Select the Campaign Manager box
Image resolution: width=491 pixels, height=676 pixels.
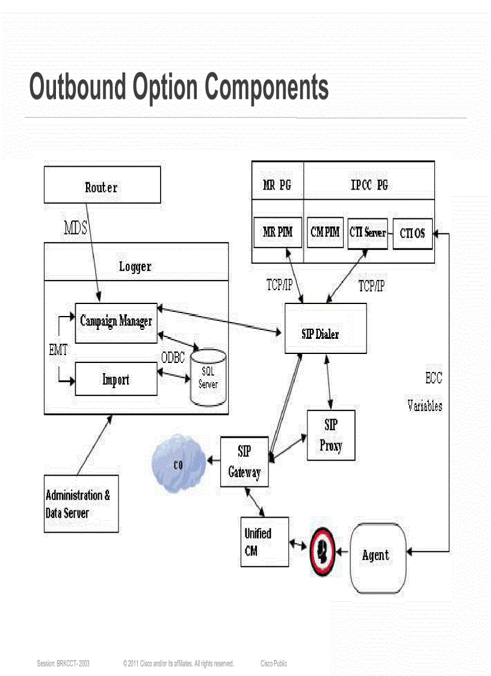[x=116, y=323]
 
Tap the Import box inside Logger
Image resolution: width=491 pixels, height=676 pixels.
[x=116, y=380]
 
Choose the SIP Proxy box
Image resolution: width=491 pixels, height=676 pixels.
[x=331, y=435]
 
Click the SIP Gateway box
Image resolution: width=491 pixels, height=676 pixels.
[x=244, y=462]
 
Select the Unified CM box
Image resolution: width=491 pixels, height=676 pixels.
[x=264, y=541]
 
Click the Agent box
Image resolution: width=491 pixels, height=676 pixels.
[x=377, y=554]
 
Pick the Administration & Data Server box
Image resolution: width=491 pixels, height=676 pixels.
[x=81, y=504]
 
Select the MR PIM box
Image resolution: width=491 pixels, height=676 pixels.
[x=277, y=232]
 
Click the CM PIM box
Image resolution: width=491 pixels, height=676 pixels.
[x=325, y=232]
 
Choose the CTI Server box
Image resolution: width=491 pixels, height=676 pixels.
[x=367, y=232]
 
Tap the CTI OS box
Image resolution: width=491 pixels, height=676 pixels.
[x=412, y=233]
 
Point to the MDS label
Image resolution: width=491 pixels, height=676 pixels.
[x=76, y=228]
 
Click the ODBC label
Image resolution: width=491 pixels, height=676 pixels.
[x=173, y=357]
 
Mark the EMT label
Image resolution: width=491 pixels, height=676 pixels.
[x=58, y=350]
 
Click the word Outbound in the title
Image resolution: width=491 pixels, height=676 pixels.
[x=78, y=87]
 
